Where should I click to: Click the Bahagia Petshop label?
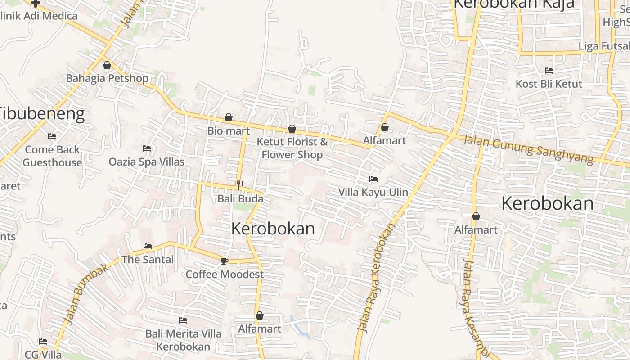tap(107, 78)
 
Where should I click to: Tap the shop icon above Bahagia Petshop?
tap(107, 66)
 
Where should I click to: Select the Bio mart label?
tap(229, 131)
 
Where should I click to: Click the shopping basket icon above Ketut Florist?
tap(292, 129)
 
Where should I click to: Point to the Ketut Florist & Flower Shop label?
tap(292, 148)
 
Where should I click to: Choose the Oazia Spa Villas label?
tap(147, 162)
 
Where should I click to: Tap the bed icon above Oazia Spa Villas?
tap(147, 148)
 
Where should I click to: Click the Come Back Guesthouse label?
tap(52, 156)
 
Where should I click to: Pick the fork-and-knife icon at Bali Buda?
tap(240, 185)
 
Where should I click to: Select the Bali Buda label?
tap(240, 198)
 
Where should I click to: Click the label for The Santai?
tap(148, 260)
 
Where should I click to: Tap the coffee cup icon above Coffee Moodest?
tap(225, 261)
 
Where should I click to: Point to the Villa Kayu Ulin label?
tap(373, 193)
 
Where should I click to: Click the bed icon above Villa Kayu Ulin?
tap(373, 179)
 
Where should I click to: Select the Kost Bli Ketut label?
tap(549, 84)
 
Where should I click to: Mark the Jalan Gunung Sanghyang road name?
tap(528, 150)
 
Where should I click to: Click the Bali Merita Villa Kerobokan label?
tap(183, 340)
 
